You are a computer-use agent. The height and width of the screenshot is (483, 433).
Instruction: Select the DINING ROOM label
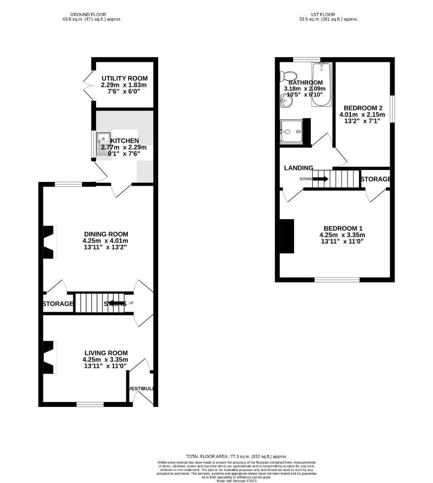(x=106, y=234)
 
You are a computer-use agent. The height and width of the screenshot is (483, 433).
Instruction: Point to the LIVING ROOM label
(x=105, y=353)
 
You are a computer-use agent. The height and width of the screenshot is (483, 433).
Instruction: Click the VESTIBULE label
(x=141, y=389)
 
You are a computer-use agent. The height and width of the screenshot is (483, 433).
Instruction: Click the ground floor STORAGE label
(x=58, y=304)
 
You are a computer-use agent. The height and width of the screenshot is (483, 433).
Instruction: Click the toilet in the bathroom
(x=289, y=76)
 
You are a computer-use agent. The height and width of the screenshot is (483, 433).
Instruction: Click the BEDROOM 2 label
(x=363, y=108)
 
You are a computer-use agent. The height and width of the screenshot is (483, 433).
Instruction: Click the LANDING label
(x=298, y=168)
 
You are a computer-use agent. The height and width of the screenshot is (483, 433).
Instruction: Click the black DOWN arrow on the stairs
(x=320, y=179)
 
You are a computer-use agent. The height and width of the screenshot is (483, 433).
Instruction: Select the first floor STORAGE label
(x=375, y=179)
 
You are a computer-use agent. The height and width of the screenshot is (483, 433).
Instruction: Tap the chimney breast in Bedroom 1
(x=288, y=236)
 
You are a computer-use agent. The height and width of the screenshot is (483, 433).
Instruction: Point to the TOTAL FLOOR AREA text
(x=236, y=457)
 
